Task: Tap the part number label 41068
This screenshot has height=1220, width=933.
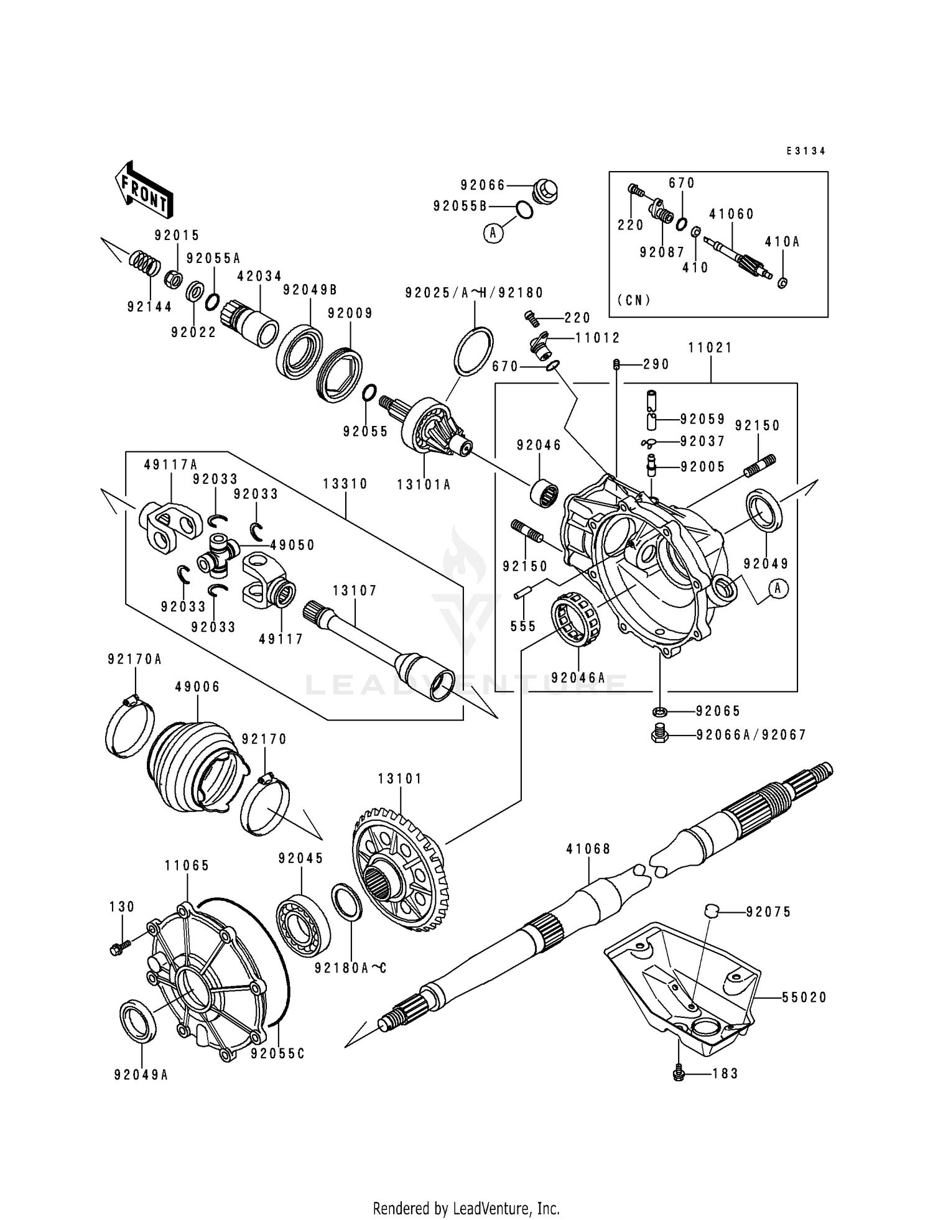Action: click(588, 849)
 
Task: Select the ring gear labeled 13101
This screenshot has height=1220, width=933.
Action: click(398, 871)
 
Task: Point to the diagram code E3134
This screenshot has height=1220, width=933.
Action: click(805, 151)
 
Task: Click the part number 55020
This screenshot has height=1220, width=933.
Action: click(804, 997)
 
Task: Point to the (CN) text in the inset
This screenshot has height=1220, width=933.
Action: click(634, 300)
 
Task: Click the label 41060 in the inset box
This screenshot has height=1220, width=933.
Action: click(731, 214)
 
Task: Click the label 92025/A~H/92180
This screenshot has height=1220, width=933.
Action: click(474, 293)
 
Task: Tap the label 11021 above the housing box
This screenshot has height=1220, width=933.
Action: click(710, 348)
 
